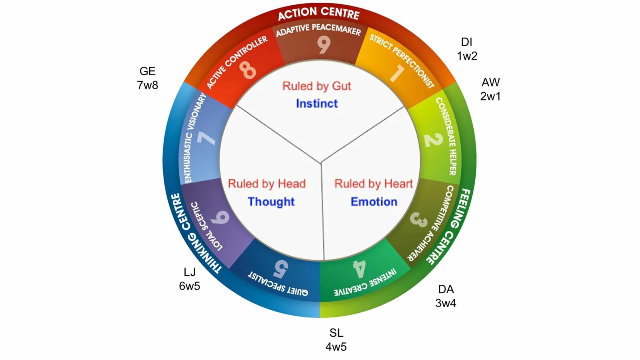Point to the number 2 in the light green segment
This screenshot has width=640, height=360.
pos(433,140)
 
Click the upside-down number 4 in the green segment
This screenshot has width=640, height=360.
pos(359,269)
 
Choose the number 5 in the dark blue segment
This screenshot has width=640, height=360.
pos(281,269)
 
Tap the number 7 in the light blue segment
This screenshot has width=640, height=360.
pos(206,138)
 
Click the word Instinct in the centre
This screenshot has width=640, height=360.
pos(317,104)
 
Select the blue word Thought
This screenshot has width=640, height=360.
pos(271,202)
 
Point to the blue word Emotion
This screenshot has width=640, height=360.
pos(374,202)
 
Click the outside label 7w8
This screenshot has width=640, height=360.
pos(148,85)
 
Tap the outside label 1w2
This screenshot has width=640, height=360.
pos(467,56)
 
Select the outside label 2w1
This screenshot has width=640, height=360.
pos(490,96)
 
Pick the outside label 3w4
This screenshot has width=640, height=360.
pos(446,303)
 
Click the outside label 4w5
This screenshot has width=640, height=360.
pos(336,347)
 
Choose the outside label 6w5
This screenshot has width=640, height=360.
pos(190,286)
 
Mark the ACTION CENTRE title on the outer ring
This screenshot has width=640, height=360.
pos(319,13)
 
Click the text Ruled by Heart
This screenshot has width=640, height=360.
pos(374,184)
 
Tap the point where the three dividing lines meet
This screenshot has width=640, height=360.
pos(321,163)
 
